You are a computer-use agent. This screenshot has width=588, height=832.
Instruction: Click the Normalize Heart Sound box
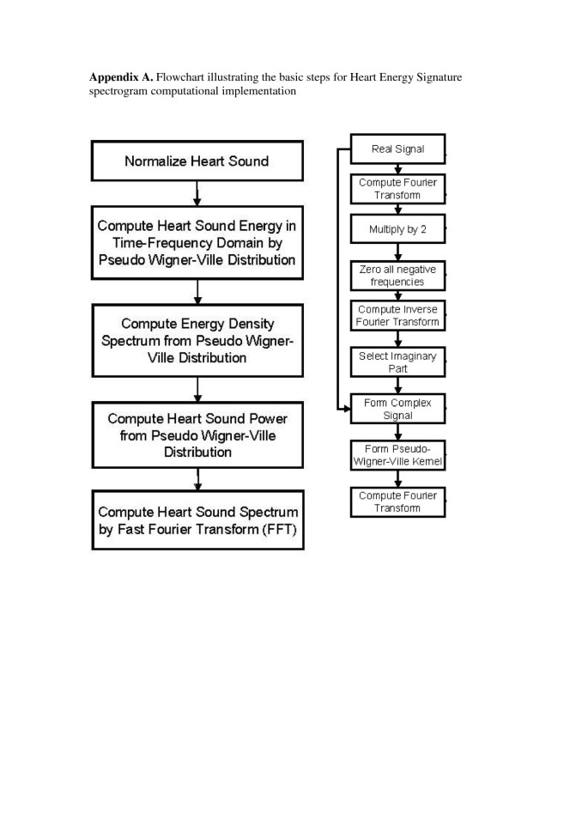point(197,161)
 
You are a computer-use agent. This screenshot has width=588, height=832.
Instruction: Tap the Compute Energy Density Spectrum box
point(197,340)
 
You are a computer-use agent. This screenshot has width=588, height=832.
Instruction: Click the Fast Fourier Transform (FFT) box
point(197,519)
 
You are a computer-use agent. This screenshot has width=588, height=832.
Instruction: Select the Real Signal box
point(397,149)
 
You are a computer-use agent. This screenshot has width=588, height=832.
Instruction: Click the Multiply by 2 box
point(397,229)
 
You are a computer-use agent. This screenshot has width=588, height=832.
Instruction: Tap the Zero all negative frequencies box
point(397,275)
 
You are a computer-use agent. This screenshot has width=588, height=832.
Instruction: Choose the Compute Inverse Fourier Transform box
point(397,316)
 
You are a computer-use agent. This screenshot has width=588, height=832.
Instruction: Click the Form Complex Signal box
point(397,409)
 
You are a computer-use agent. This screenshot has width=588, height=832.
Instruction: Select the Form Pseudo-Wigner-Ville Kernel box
point(397,455)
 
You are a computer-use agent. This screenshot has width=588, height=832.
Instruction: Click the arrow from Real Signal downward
point(397,168)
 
